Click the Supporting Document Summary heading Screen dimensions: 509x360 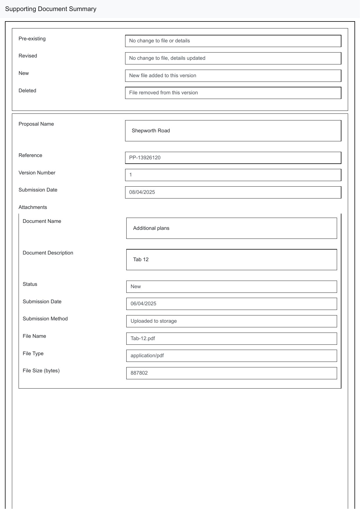[51, 9]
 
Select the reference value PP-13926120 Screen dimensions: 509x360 [145, 158]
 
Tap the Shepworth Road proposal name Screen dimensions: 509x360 [151, 131]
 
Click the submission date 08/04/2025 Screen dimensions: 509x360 [142, 192]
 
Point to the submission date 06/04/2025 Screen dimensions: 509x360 [143, 304]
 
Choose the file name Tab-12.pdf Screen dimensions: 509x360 [143, 338]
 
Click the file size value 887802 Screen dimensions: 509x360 [139, 373]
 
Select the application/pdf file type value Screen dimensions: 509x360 [147, 355]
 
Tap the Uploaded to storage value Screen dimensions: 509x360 [154, 321]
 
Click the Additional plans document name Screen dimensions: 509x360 [151, 228]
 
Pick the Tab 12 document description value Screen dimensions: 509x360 [141, 259]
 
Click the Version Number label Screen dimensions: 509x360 [37, 173]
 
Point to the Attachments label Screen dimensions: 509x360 [33, 207]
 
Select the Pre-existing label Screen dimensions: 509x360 [32, 39]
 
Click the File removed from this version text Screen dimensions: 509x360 [163, 93]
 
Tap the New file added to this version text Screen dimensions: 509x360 [163, 75]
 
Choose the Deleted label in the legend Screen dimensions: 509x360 [27, 91]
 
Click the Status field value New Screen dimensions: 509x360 [136, 286]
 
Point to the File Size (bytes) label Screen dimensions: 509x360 [41, 371]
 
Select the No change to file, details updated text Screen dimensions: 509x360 [167, 58]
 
